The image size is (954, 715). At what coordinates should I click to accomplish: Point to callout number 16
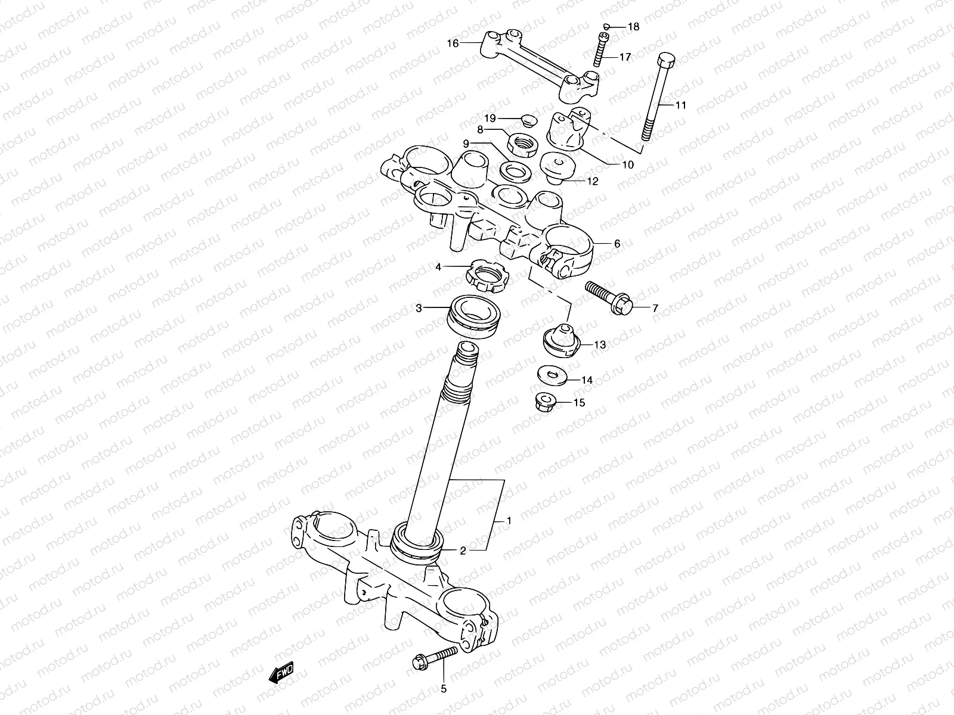click(x=453, y=43)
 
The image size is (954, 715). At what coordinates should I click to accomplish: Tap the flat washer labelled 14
click(x=551, y=375)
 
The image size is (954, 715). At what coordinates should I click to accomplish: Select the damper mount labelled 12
click(x=557, y=167)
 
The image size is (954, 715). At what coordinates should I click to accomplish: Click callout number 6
click(x=617, y=243)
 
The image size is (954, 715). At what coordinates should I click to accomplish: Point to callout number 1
click(x=509, y=520)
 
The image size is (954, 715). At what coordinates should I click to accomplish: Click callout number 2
click(x=463, y=551)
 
